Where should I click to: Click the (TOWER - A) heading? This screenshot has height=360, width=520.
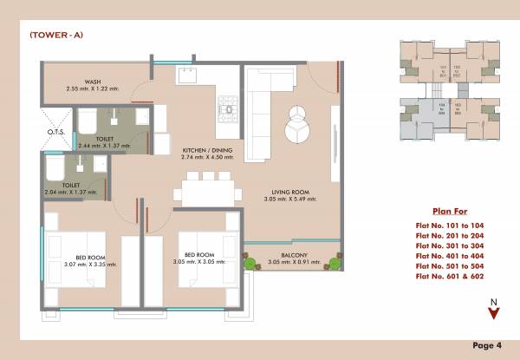(x=55, y=35)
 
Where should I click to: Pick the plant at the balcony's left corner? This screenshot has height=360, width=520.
(x=251, y=261)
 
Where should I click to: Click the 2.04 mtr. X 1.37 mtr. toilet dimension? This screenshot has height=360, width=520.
(x=75, y=192)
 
